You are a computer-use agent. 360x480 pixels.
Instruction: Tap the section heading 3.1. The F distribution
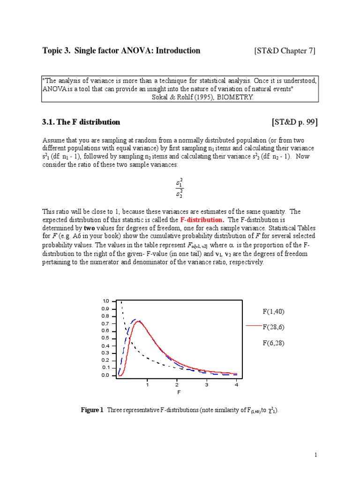(x=81, y=122)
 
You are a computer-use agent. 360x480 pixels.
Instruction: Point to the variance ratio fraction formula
(x=179, y=187)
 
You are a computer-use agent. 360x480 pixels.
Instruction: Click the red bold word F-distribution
(x=202, y=219)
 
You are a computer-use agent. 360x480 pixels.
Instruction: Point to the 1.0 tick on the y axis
(x=105, y=301)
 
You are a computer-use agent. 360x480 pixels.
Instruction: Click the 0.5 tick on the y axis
(x=105, y=338)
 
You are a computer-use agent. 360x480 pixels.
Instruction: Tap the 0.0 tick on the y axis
(x=105, y=375)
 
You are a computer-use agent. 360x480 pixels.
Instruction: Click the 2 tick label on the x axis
(x=177, y=385)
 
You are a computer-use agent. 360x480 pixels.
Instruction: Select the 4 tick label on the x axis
(x=236, y=385)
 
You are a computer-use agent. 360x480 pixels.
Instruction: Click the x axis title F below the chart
(x=178, y=392)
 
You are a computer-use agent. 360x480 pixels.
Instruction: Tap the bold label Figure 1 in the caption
(x=92, y=410)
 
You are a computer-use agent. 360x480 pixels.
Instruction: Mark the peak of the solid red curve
(x=139, y=321)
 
